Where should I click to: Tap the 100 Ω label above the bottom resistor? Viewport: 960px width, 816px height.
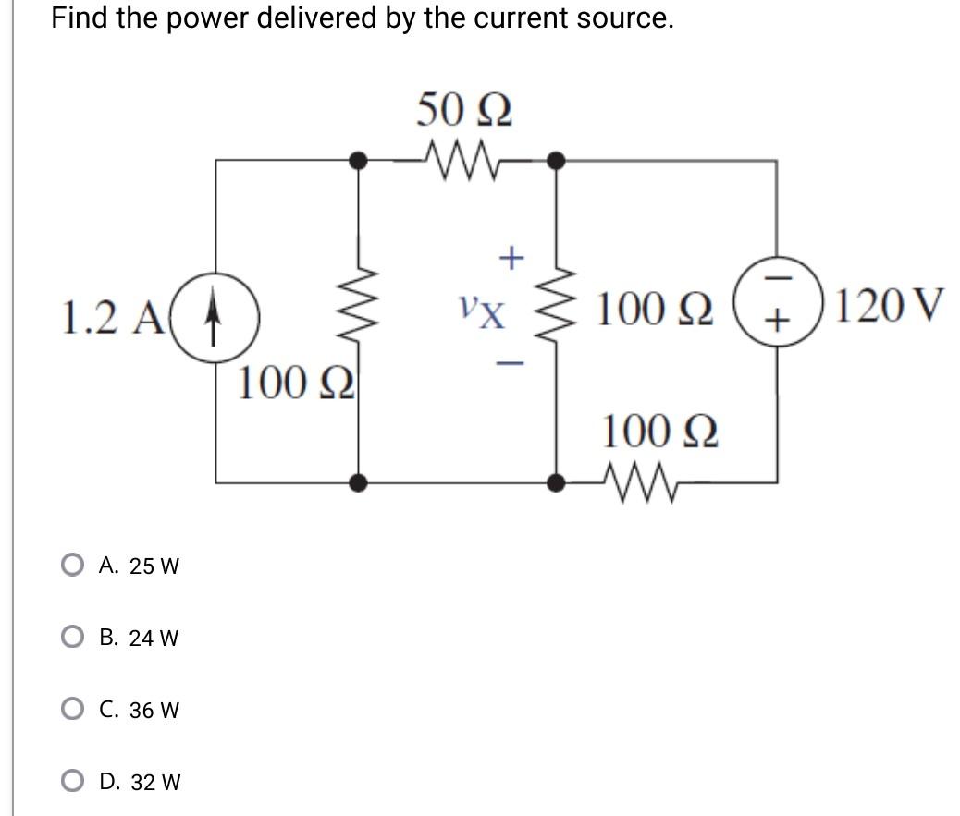click(x=659, y=431)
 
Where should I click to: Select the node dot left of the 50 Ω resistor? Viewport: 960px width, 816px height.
click(x=358, y=161)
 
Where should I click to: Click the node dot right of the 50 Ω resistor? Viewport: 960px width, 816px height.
click(x=555, y=161)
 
